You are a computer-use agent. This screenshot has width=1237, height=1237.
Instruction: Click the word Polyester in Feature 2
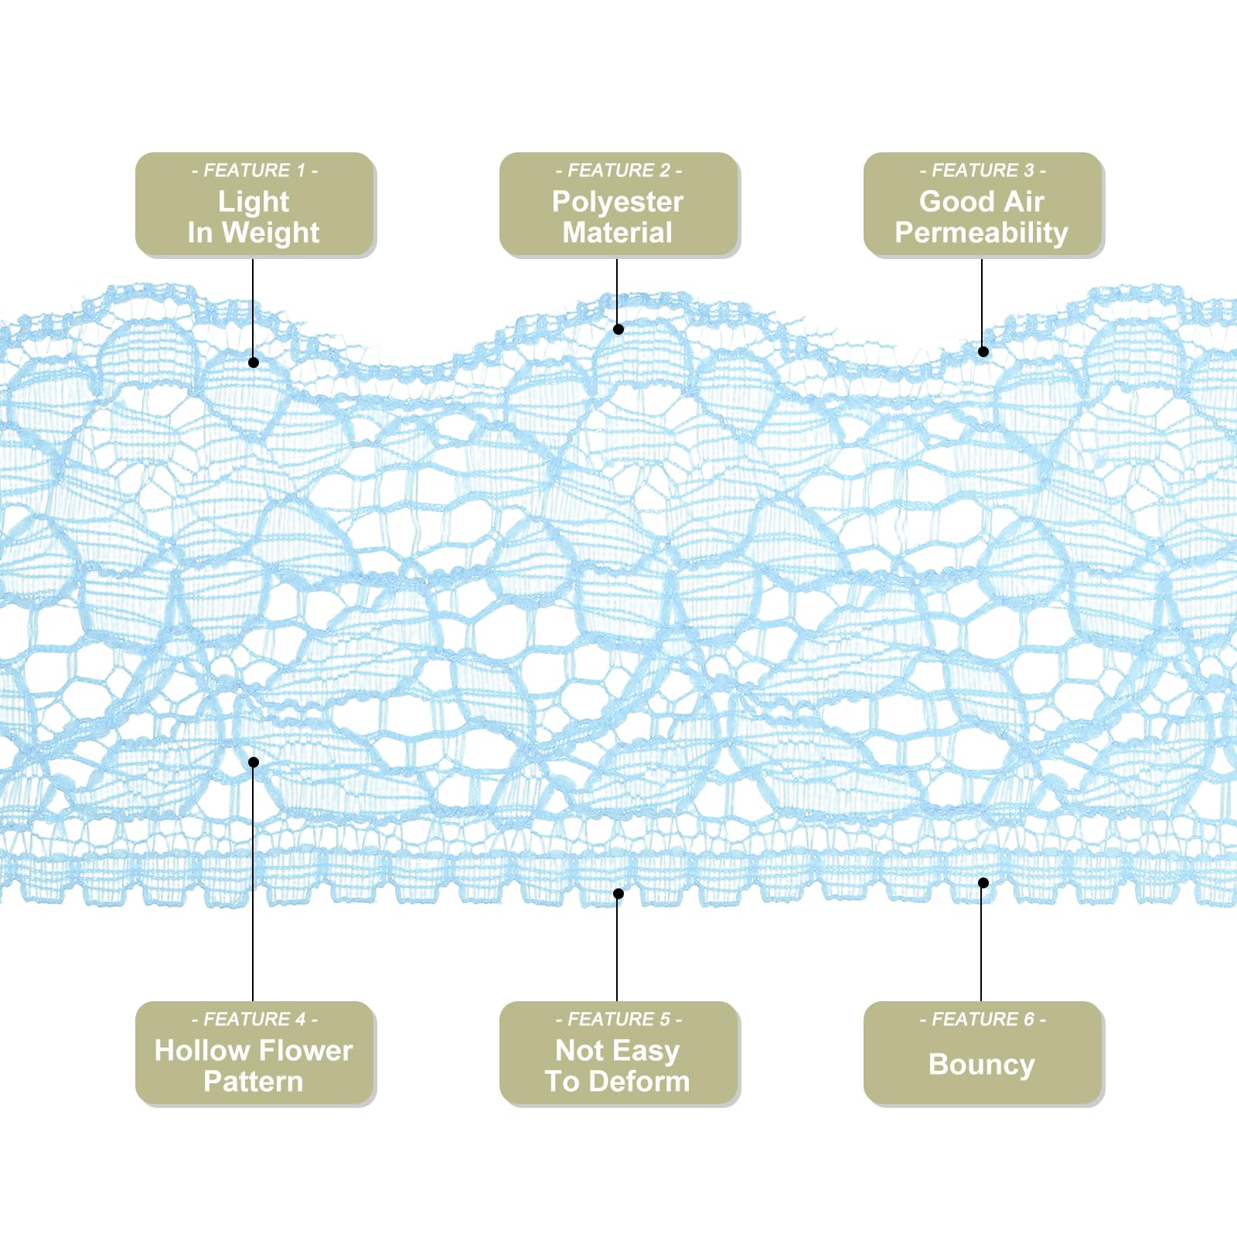point(618,202)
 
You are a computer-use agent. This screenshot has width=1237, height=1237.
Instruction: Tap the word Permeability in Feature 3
point(982,233)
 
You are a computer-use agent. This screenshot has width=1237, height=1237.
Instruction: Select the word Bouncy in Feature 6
point(982,1065)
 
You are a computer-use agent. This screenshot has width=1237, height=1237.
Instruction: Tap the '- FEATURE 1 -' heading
point(254,170)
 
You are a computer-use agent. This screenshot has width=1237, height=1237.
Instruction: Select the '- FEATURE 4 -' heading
point(254,1019)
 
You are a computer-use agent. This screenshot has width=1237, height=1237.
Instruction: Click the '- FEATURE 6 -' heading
point(983,1019)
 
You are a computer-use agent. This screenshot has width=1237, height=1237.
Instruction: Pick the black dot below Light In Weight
point(254,362)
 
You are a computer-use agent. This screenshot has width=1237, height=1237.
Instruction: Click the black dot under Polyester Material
point(618,329)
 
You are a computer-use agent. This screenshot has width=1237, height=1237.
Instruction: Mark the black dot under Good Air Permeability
point(983,352)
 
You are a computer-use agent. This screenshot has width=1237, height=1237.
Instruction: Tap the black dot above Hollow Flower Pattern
point(254,762)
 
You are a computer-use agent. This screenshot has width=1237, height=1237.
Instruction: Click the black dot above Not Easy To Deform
point(618,894)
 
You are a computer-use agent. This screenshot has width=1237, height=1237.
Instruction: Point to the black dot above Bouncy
point(983,883)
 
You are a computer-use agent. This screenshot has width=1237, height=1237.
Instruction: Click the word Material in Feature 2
point(618,233)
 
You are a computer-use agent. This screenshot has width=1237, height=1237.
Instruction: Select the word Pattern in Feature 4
point(254,1081)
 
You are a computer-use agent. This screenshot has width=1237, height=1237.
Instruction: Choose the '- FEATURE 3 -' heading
point(983,170)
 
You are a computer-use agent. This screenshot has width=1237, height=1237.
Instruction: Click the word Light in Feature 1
point(254,203)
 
